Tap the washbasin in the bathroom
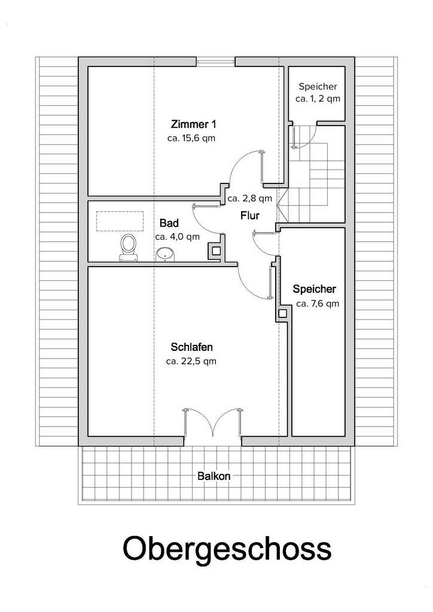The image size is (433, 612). tap(165, 255)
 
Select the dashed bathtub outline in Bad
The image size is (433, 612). tap(120, 221)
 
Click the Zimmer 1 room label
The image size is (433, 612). tap(193, 124)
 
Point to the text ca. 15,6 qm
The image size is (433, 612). tap(191, 138)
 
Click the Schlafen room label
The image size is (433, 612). tap(192, 347)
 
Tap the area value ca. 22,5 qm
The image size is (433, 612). tap(191, 362)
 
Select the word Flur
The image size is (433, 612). tap(250, 215)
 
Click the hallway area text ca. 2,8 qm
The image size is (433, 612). tap(250, 198)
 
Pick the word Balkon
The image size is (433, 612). tap(214, 476)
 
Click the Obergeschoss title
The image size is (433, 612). tap(227, 549)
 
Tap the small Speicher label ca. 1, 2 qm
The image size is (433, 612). tap(318, 99)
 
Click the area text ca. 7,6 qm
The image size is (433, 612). tap(318, 304)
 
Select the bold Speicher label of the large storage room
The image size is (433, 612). tap(315, 289)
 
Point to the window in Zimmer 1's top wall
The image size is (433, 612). tap(215, 62)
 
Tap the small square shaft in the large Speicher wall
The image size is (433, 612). tap(283, 313)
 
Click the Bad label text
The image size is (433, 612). tap(169, 224)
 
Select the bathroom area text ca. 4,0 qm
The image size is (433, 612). tap(177, 237)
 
